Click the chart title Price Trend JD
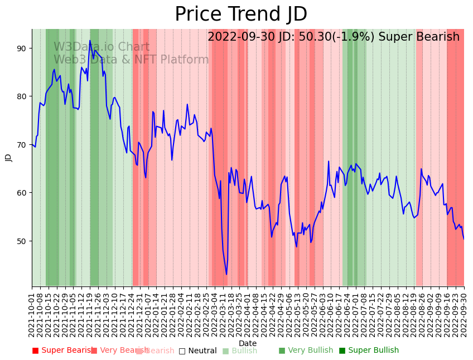(241, 14)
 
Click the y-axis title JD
(8, 158)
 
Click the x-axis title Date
(248, 343)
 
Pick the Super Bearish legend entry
(62, 351)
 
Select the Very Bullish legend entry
(306, 351)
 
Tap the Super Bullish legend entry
(369, 351)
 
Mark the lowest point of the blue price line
(226, 274)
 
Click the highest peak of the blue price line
(90, 40)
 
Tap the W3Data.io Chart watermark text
(102, 47)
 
